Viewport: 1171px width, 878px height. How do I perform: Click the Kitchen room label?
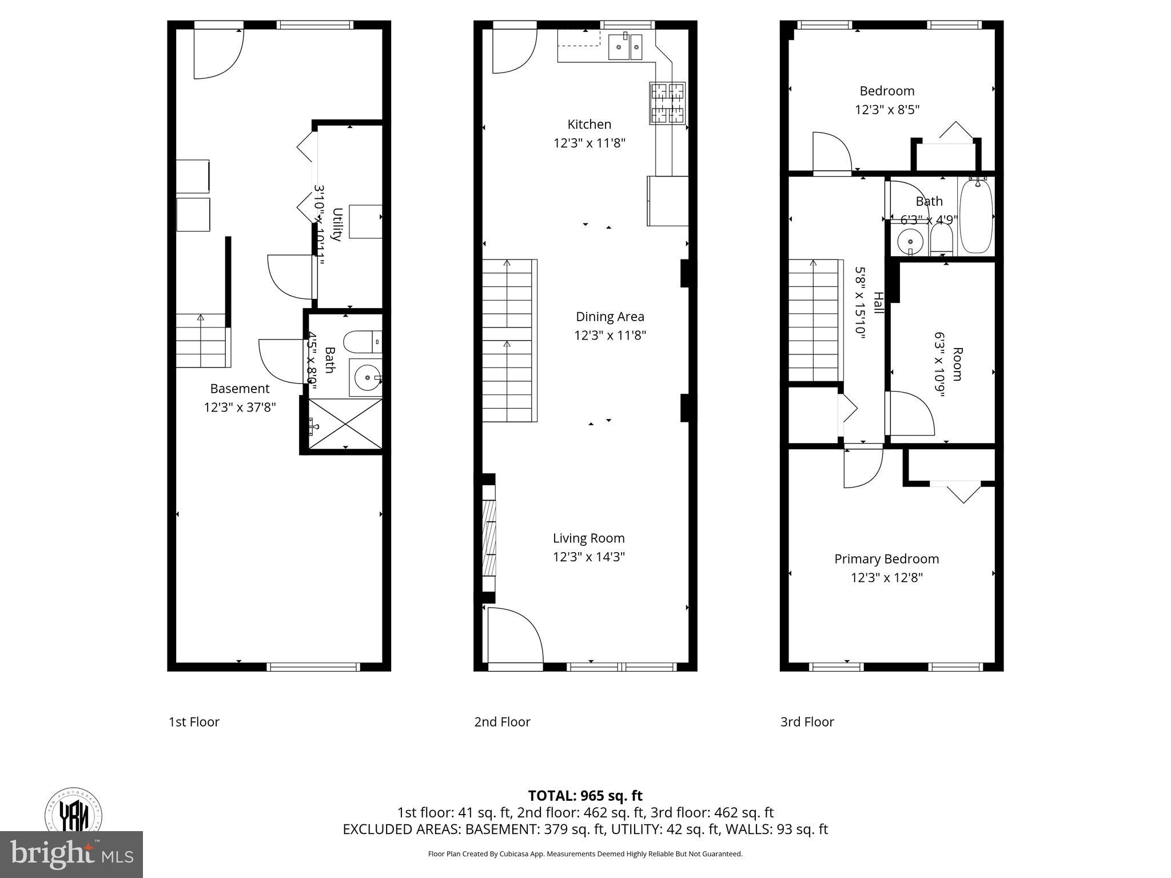pyautogui.click(x=589, y=124)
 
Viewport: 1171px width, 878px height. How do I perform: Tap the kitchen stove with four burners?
pyautogui.click(x=667, y=103)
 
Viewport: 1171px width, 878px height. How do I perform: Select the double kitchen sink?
pyautogui.click(x=626, y=46)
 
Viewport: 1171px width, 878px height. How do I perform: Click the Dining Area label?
pyautogui.click(x=610, y=316)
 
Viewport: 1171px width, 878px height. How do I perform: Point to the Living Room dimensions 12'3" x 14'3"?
pyautogui.click(x=588, y=556)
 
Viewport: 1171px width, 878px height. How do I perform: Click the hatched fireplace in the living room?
pyautogui.click(x=489, y=537)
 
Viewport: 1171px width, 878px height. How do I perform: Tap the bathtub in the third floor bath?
pyautogui.click(x=977, y=215)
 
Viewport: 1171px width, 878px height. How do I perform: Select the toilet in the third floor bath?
pyautogui.click(x=941, y=240)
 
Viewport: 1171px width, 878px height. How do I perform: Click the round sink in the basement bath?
pyautogui.click(x=366, y=377)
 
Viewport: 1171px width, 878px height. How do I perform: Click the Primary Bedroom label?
pyautogui.click(x=886, y=558)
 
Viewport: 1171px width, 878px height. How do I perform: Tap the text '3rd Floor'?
pyautogui.click(x=807, y=721)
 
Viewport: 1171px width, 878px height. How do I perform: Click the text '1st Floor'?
pyautogui.click(x=194, y=721)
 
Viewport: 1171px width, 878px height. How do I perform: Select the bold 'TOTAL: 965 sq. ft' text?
pyautogui.click(x=585, y=795)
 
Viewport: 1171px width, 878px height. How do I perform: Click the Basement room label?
pyautogui.click(x=240, y=388)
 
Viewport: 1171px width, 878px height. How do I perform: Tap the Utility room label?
pyautogui.click(x=337, y=225)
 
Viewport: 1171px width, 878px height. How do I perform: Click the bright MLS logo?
pyautogui.click(x=71, y=854)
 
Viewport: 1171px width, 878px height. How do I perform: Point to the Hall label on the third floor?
pyautogui.click(x=878, y=303)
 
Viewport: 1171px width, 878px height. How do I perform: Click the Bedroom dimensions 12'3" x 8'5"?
pyautogui.click(x=886, y=109)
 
